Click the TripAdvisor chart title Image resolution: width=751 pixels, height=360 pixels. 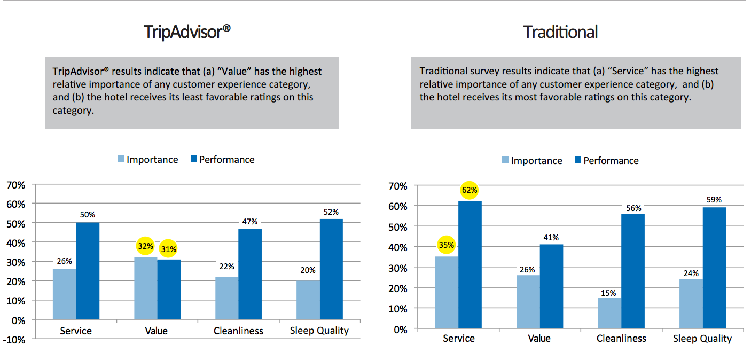click(187, 32)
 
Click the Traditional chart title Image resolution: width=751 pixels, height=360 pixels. click(560, 32)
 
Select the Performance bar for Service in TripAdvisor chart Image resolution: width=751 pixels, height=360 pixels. click(88, 271)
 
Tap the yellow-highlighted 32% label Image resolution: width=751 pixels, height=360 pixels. click(146, 246)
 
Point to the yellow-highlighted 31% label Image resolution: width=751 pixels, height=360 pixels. click(169, 249)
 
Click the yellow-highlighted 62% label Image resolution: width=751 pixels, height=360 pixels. click(470, 190)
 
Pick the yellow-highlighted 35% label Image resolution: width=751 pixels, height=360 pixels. click(447, 245)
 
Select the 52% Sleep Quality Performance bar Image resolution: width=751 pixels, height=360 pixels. click(331, 269)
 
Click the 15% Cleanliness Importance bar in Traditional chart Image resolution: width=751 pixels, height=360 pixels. click(609, 314)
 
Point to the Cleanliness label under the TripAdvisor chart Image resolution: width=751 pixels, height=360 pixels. click(238, 331)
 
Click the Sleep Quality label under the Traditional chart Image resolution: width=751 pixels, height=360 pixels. click(702, 339)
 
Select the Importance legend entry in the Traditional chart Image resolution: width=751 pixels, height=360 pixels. click(536, 161)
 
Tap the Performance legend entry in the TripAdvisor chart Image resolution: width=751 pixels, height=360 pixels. click(226, 159)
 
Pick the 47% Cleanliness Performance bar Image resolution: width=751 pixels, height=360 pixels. click(250, 274)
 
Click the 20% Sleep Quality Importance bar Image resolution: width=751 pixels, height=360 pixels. click(308, 300)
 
